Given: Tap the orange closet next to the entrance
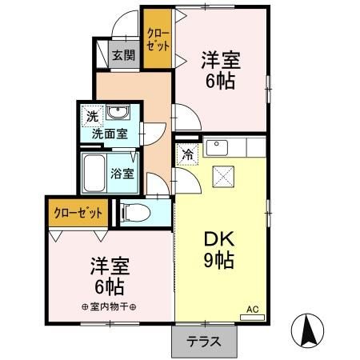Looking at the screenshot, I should coord(157,38).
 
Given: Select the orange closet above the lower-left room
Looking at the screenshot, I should coord(78,212).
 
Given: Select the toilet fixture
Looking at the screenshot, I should coord(135,212).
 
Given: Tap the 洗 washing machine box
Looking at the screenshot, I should coord(92,116).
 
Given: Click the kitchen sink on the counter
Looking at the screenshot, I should coord(218,147).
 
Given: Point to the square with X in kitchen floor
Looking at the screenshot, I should coord(222,175).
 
